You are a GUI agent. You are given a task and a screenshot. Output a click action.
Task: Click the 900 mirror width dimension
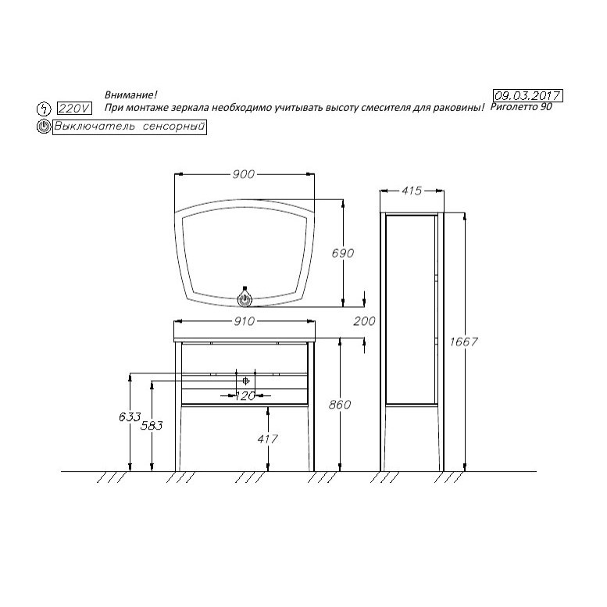(244, 174)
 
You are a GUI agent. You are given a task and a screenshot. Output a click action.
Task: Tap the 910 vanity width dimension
(245, 321)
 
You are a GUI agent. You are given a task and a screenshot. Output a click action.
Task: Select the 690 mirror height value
(343, 253)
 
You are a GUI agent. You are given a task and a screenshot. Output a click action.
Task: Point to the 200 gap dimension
(364, 321)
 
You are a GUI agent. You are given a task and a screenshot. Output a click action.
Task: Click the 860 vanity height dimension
(340, 405)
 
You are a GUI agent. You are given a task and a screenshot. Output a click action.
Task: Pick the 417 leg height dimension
(267, 439)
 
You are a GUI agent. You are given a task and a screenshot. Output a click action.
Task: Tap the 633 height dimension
(130, 417)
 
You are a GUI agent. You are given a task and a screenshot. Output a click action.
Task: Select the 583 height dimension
(152, 426)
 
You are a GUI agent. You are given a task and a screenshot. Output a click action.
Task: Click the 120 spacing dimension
(245, 395)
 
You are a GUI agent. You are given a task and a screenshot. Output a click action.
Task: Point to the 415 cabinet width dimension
(411, 191)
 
